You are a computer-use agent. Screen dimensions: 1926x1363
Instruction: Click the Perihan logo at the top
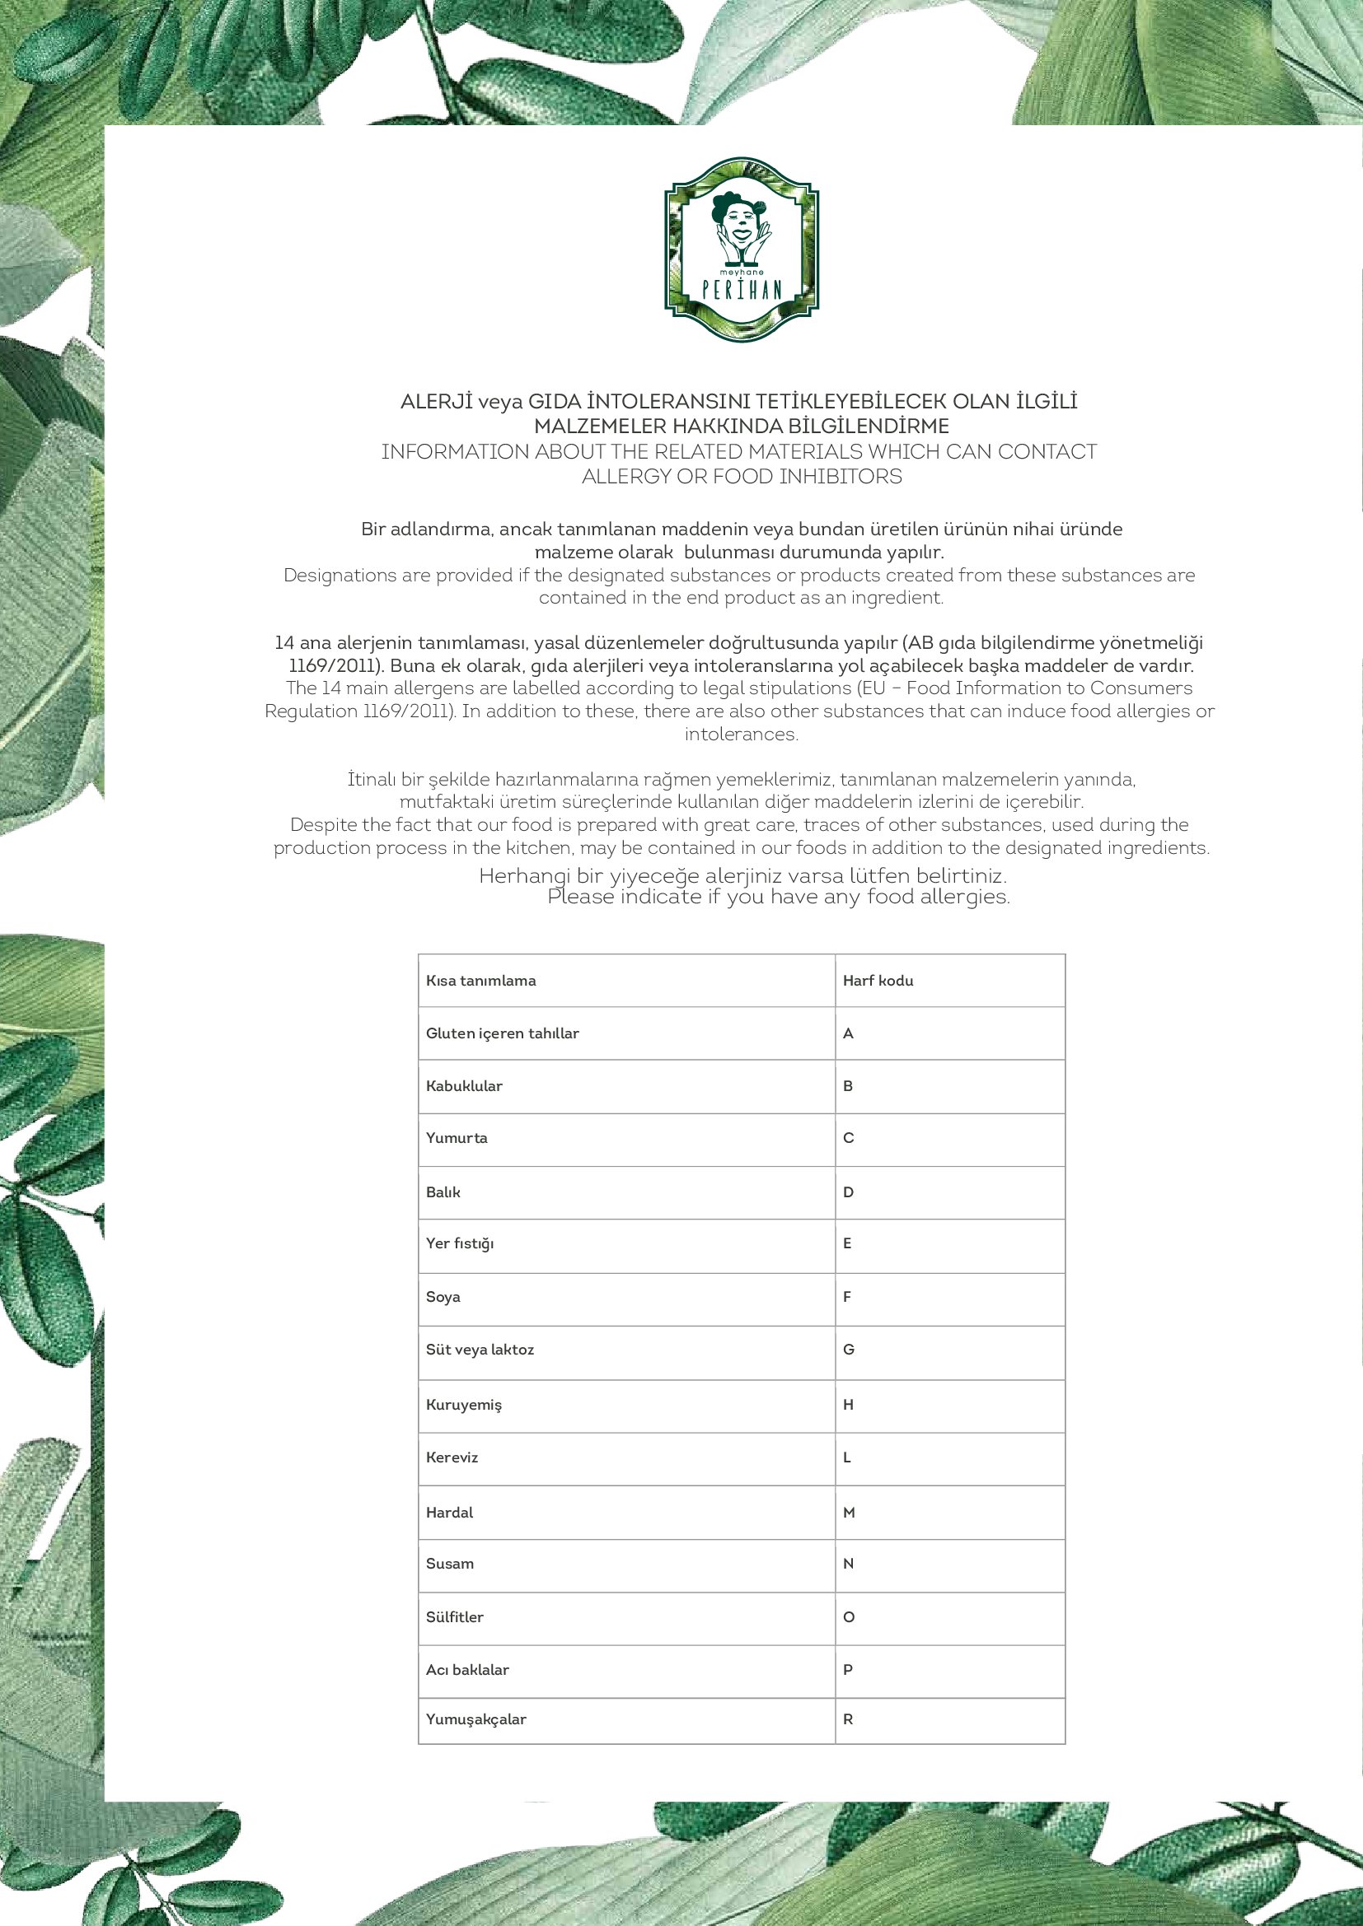(x=741, y=249)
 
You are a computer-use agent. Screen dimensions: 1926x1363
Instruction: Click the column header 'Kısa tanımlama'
(x=481, y=981)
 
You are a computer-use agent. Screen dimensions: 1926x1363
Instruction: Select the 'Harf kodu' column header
(x=878, y=981)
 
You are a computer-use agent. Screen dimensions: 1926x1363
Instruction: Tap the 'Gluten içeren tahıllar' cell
(x=503, y=1033)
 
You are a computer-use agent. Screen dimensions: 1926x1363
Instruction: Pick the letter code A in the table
(x=849, y=1033)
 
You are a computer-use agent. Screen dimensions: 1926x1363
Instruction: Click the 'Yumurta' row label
(x=457, y=1138)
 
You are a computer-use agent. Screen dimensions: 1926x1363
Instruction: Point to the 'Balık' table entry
(x=443, y=1192)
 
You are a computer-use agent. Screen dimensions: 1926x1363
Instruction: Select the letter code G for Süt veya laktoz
(x=849, y=1350)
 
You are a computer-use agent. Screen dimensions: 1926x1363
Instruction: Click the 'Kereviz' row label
(x=452, y=1457)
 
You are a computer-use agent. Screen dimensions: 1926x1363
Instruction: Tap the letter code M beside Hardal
(x=850, y=1513)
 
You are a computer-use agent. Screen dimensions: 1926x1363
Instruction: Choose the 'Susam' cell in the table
(x=450, y=1564)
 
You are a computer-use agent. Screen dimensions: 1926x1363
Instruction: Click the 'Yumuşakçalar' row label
(x=475, y=1718)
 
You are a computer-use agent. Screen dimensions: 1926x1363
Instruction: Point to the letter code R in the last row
(x=849, y=1718)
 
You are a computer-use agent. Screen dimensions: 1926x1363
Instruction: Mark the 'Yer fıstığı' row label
(x=460, y=1243)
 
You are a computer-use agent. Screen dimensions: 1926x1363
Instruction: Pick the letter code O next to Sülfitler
(x=849, y=1617)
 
